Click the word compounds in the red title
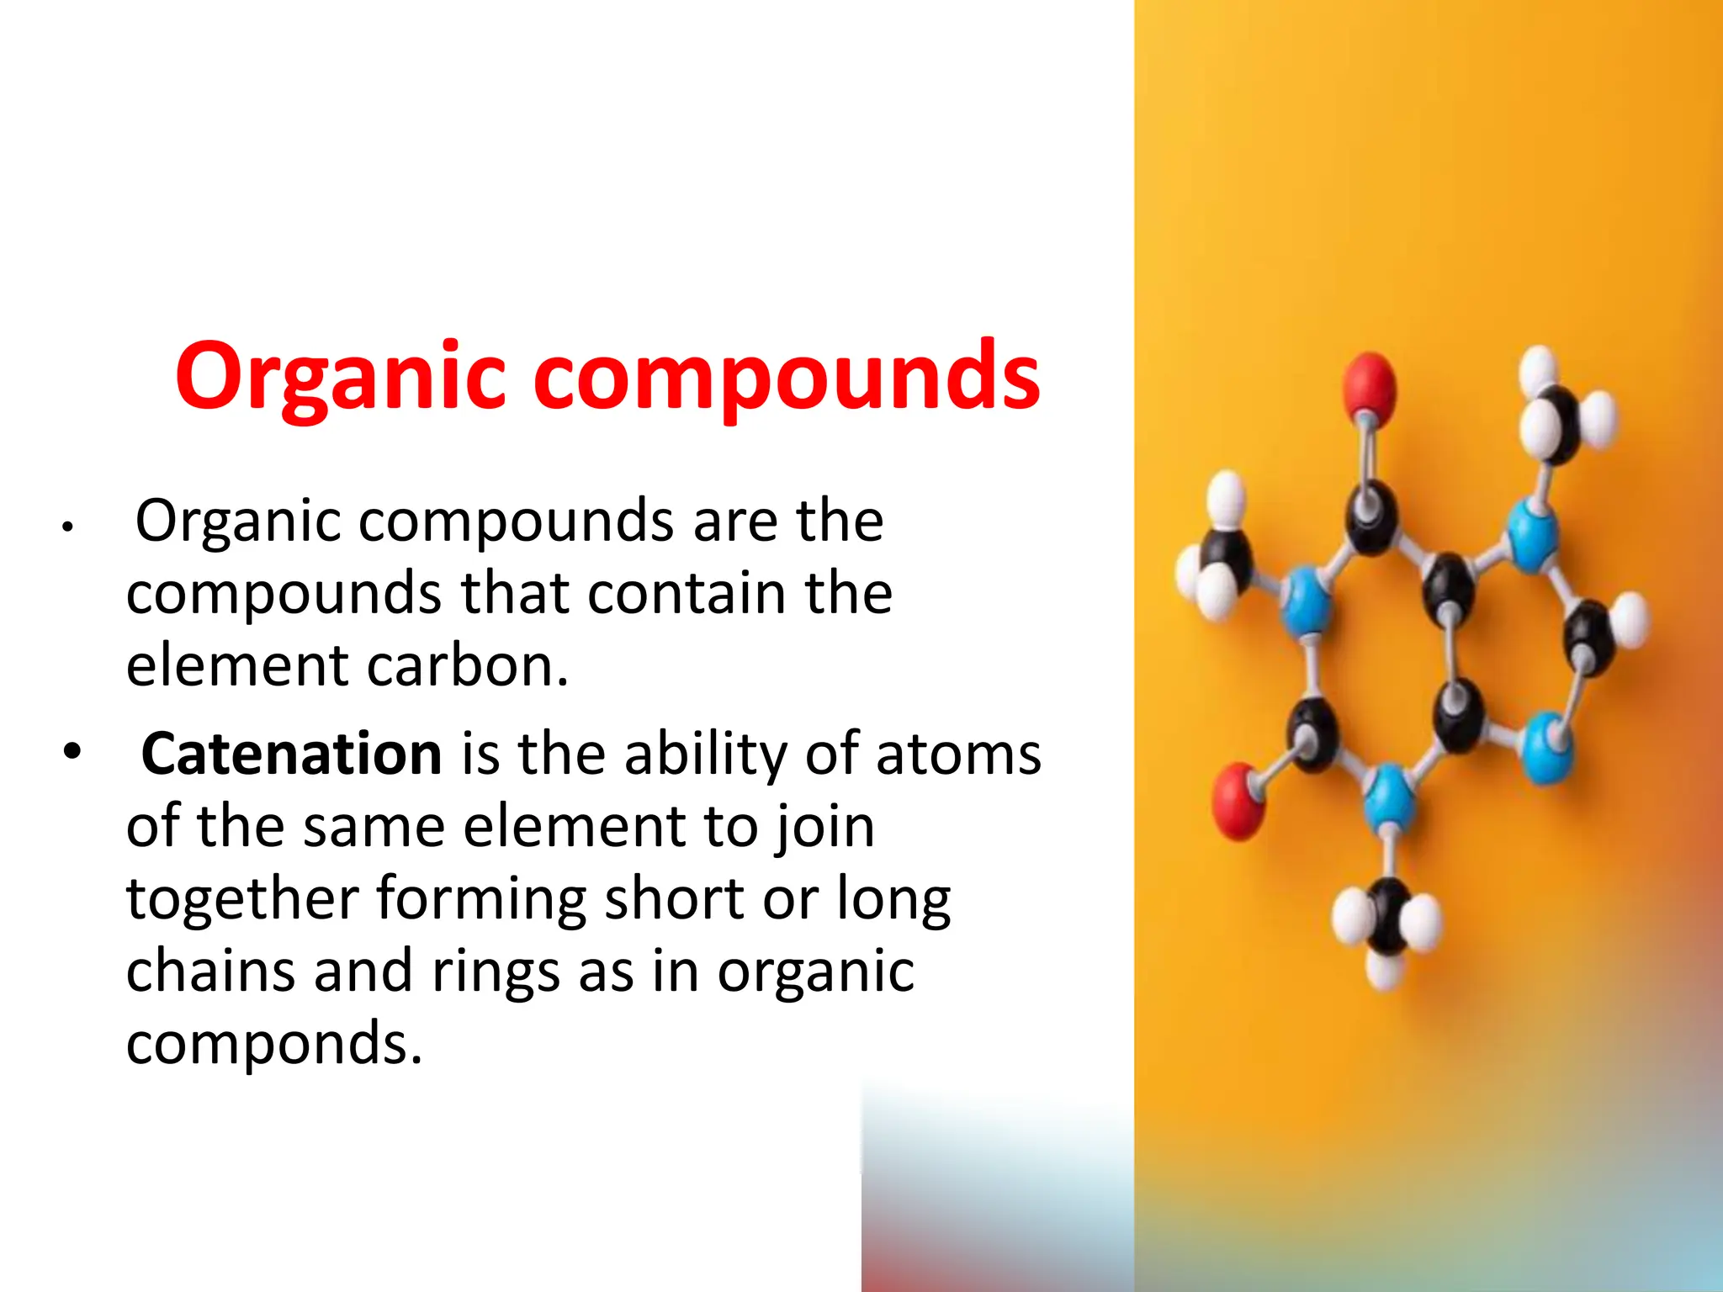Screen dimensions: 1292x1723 (x=787, y=379)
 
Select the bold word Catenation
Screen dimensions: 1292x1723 (x=291, y=754)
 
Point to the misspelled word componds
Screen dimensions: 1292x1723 (x=273, y=1044)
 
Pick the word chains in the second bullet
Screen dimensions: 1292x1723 (x=210, y=972)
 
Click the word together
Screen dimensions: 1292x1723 (x=242, y=898)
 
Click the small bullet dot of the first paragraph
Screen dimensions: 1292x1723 (x=67, y=528)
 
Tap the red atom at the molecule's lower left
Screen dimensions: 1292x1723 (x=1238, y=799)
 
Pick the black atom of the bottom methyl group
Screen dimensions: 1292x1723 (x=1387, y=916)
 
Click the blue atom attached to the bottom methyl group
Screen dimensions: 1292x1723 (x=1388, y=795)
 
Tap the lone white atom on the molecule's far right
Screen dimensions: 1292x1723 (x=1630, y=620)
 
